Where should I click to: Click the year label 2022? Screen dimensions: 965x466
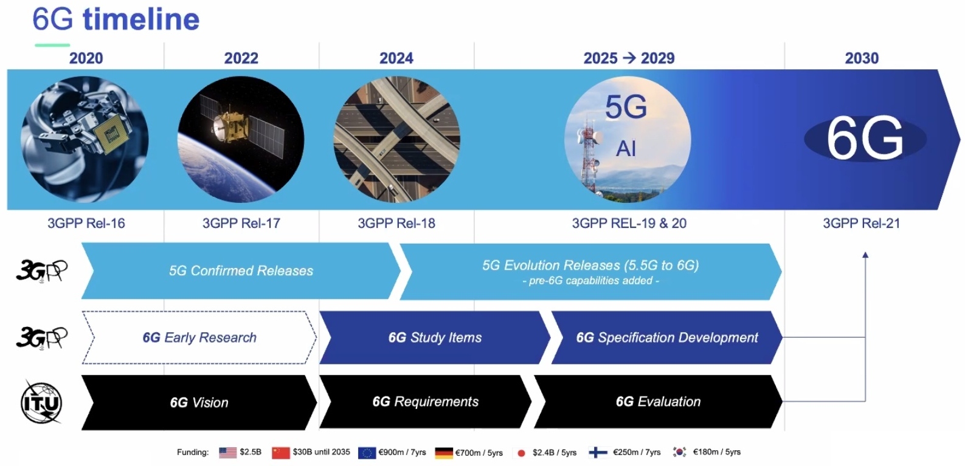coord(241,58)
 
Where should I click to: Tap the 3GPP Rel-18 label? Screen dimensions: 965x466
coord(396,224)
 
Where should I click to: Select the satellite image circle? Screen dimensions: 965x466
coord(241,139)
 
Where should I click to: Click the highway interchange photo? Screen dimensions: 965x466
coord(397,139)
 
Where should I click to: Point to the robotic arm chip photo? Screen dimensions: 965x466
coord(85,139)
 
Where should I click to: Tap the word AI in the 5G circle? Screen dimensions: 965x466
coord(626,149)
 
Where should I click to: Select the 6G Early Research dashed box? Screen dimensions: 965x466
coord(199,337)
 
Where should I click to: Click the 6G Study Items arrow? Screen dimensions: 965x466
coord(435,337)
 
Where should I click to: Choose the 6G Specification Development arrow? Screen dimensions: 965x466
coord(667,337)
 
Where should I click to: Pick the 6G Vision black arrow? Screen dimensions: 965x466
coord(199,402)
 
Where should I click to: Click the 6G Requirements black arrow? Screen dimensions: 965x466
coord(425,402)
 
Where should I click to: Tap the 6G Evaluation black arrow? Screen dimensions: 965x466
coord(658,402)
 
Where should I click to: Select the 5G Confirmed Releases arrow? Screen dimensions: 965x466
coord(241,270)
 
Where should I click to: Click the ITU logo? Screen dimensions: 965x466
coord(41,403)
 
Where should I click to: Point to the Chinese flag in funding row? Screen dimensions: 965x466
coord(280,453)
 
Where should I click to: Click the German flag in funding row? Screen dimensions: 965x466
coord(444,453)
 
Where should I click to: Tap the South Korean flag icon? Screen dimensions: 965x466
coord(680,452)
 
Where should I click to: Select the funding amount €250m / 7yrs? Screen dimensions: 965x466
coord(637,452)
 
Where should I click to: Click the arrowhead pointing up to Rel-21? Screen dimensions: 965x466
coord(865,255)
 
